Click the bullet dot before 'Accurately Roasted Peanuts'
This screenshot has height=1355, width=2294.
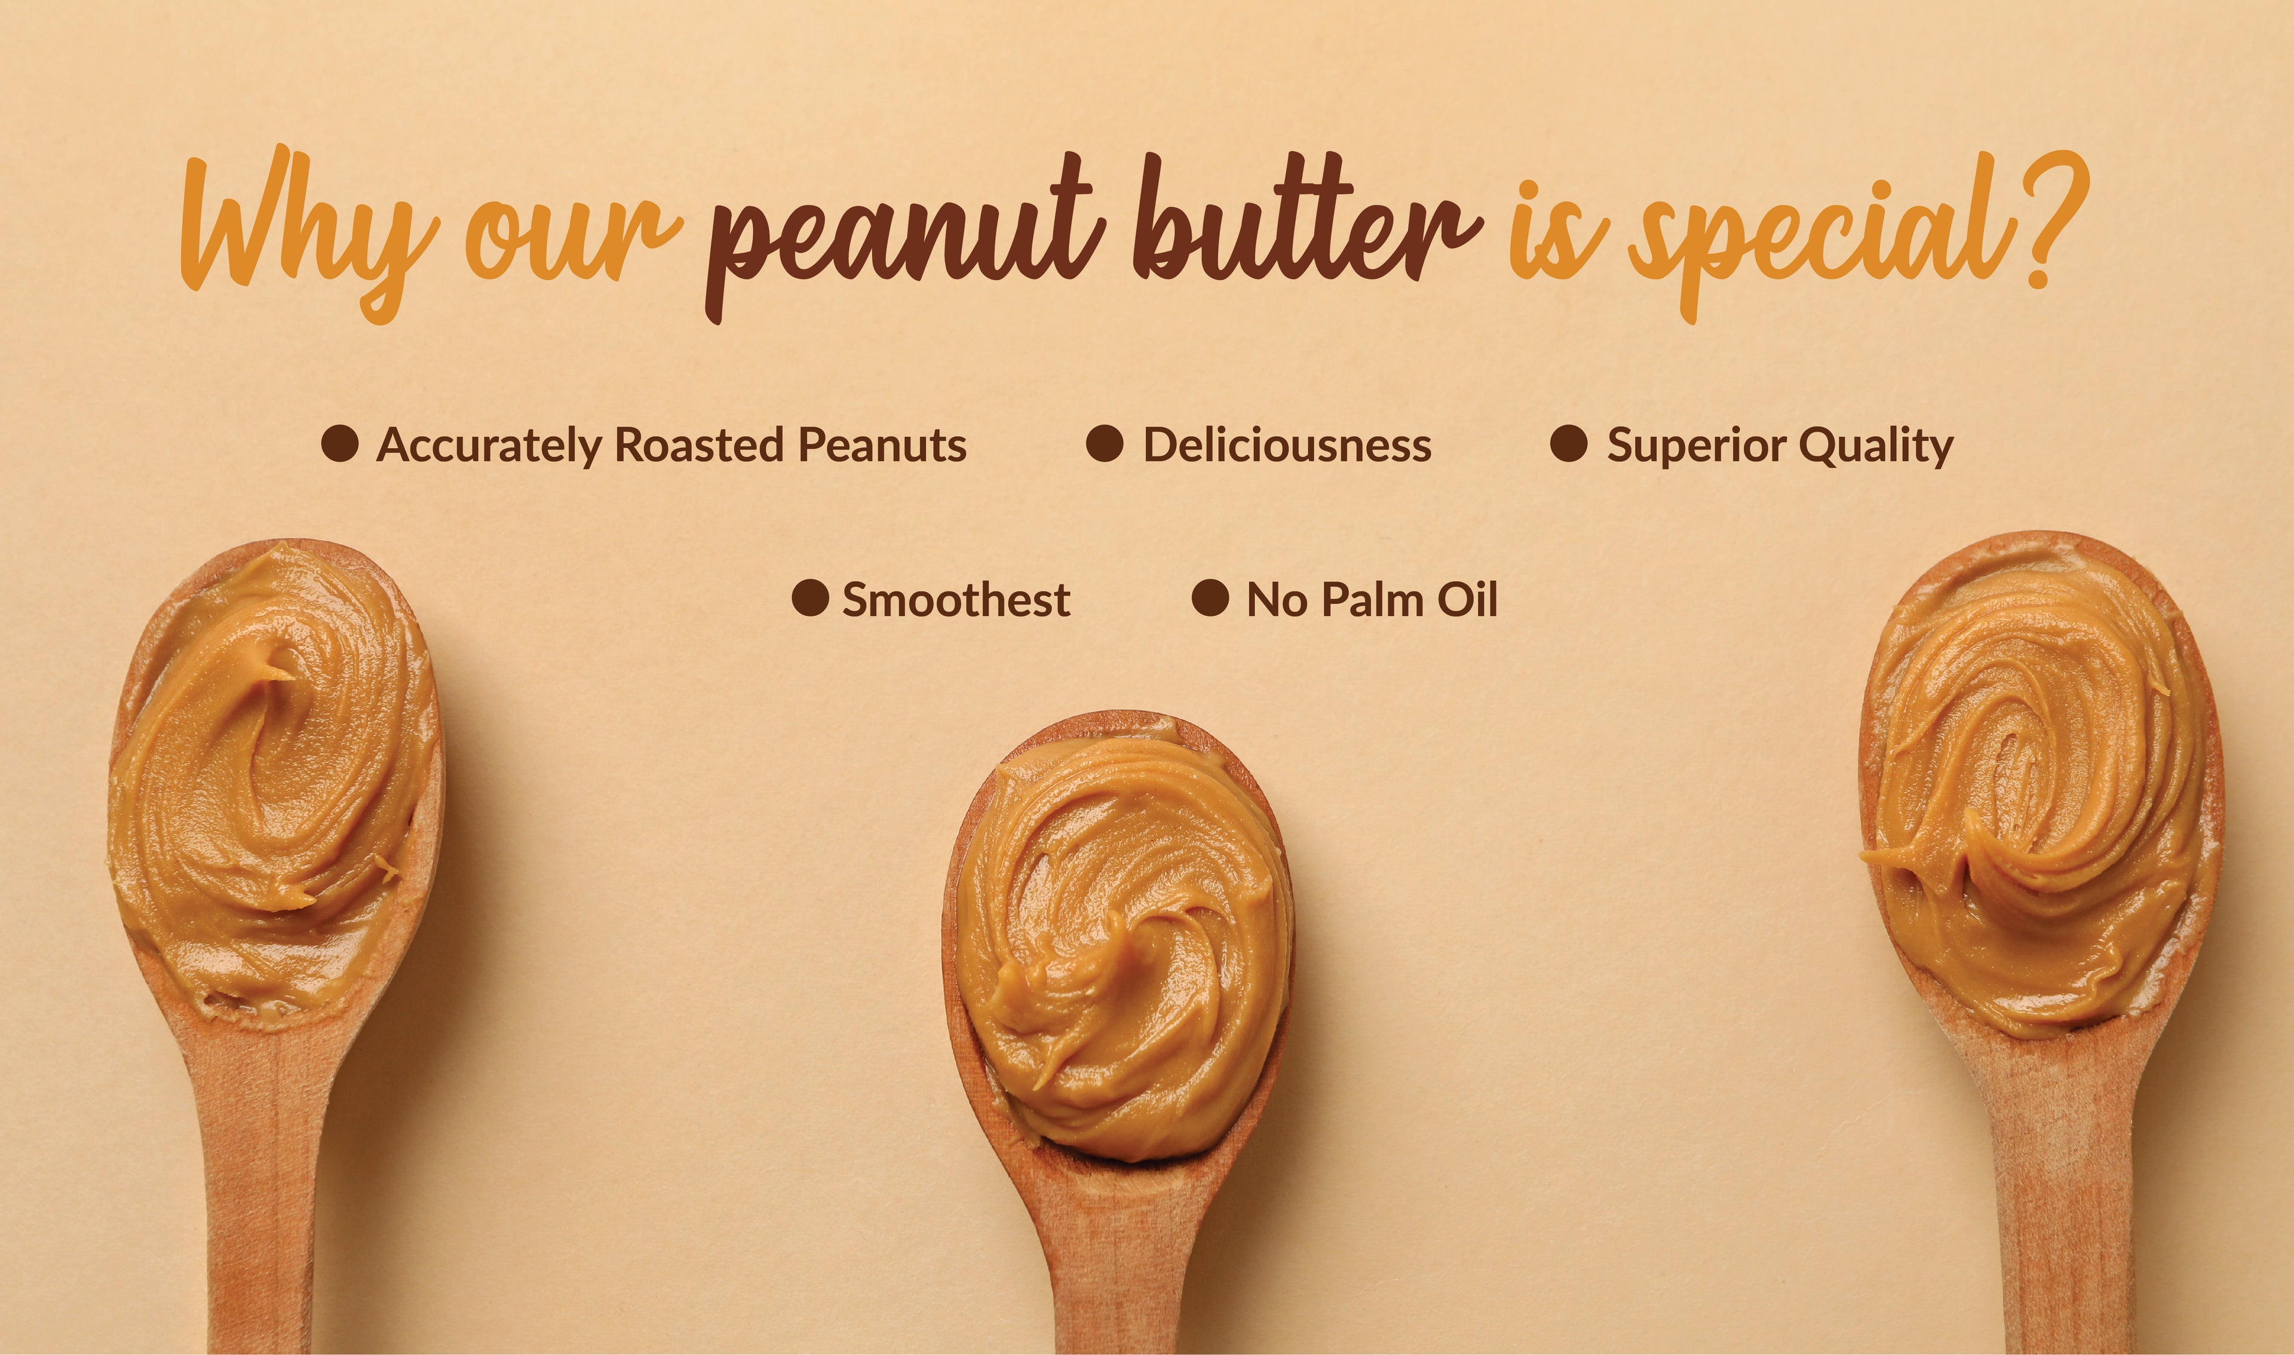click(339, 444)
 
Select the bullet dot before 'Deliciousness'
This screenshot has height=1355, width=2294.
click(1105, 444)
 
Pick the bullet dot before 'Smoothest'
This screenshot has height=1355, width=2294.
click(809, 598)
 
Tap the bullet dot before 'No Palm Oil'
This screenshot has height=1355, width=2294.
click(1210, 598)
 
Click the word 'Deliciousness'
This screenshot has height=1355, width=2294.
click(1287, 446)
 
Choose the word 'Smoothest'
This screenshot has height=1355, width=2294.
click(956, 600)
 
